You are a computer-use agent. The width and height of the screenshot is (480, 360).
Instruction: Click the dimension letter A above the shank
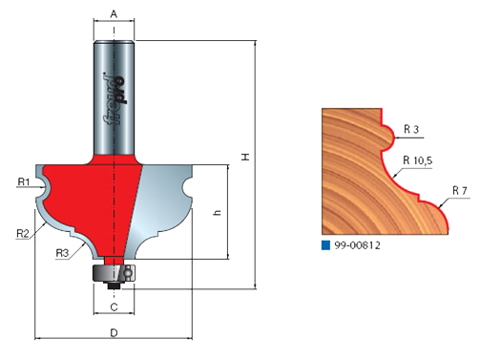[x=114, y=14]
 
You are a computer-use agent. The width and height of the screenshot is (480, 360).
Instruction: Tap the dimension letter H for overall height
[x=245, y=157]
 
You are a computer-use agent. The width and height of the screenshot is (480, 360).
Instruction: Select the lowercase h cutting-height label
[x=218, y=212]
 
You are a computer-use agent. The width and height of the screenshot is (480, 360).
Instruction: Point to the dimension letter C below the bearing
[x=114, y=307]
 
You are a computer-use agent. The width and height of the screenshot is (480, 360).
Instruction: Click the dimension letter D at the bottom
[x=114, y=333]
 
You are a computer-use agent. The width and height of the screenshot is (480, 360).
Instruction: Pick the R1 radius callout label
[x=24, y=181]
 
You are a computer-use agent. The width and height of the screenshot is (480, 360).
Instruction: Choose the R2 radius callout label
[x=23, y=234]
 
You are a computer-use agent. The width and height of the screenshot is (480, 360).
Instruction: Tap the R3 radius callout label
[x=62, y=253]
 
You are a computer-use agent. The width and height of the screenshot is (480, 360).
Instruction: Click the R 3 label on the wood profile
[x=411, y=129]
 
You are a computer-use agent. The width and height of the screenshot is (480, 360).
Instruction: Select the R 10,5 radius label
[x=418, y=160]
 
